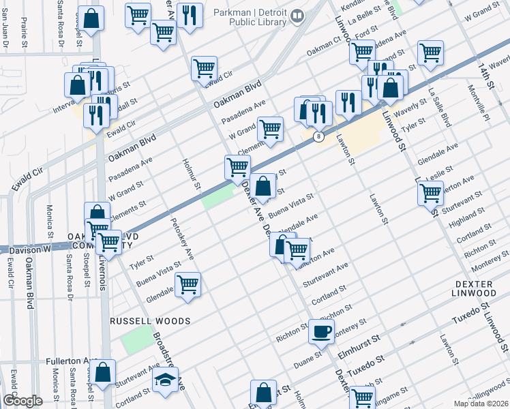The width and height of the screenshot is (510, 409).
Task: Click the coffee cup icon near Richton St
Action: point(321,331)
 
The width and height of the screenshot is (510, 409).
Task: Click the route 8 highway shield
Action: point(318,137)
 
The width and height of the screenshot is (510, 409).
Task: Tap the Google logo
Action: point(22,401)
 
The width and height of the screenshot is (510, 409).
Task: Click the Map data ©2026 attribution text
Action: point(481,403)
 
